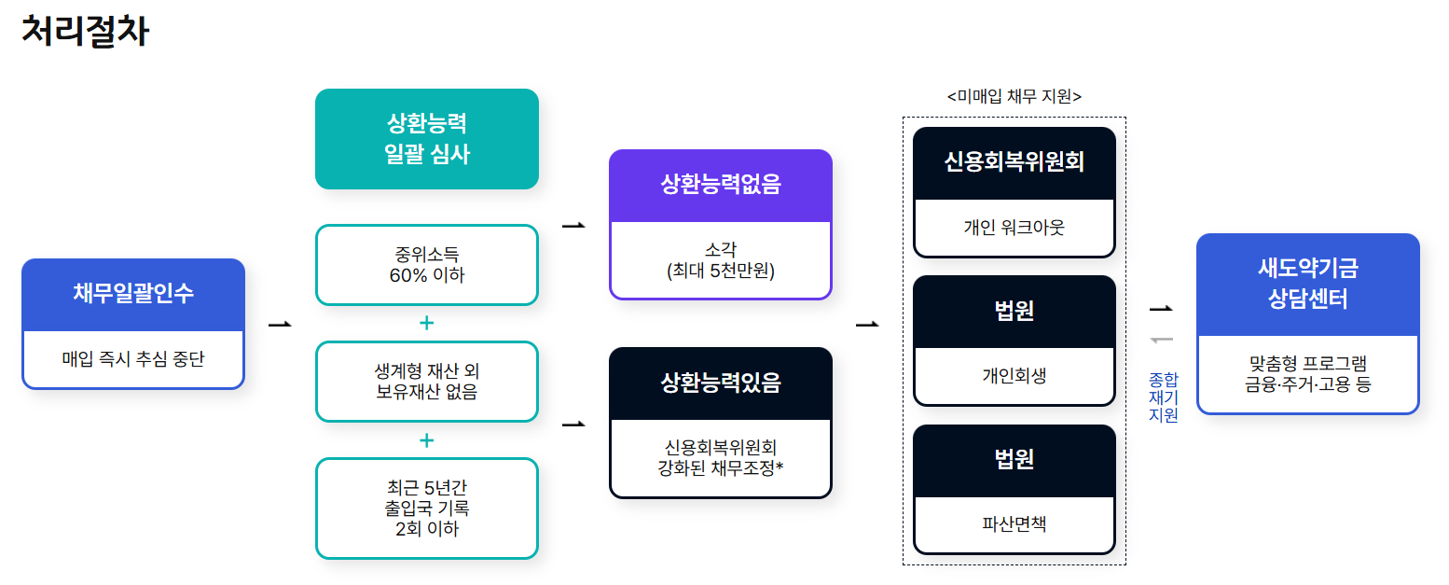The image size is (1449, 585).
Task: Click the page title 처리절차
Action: tap(84, 32)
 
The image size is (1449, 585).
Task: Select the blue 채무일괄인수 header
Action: tap(133, 294)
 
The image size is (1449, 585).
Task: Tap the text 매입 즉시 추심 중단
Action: tap(133, 358)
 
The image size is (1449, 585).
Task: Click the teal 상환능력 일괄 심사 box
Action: tap(427, 139)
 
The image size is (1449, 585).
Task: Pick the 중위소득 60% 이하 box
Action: tap(427, 264)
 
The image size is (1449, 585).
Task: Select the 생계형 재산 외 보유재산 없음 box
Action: tap(427, 382)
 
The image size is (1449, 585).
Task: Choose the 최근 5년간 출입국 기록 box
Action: tap(427, 508)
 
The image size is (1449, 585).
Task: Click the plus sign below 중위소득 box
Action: tap(427, 323)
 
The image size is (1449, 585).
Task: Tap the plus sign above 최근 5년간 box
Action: tap(427, 439)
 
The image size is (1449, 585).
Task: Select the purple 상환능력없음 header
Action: tap(720, 185)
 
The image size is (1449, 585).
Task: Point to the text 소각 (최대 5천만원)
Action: tap(720, 261)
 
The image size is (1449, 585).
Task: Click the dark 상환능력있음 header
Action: tap(720, 383)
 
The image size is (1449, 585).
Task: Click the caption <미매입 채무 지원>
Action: tap(1014, 96)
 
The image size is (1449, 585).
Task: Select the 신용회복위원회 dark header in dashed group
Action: tap(1014, 161)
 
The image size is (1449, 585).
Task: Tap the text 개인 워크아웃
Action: tap(1014, 227)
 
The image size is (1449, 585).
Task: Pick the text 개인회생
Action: tap(1014, 375)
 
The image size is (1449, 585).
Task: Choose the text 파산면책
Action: tap(1014, 524)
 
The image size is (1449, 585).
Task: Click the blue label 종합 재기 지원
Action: tap(1163, 397)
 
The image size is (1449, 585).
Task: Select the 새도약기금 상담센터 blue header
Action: tap(1307, 284)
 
